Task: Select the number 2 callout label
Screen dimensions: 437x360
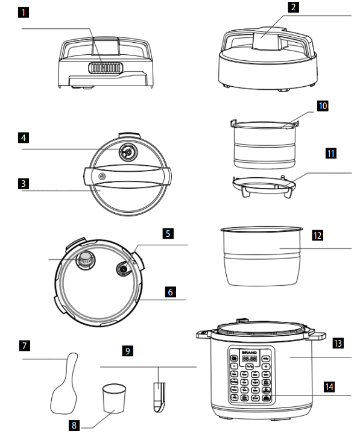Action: click(276, 8)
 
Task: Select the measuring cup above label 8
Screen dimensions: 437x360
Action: click(114, 399)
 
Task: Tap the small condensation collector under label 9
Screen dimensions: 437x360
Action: click(158, 395)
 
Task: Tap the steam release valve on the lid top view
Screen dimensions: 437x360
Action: click(128, 153)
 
